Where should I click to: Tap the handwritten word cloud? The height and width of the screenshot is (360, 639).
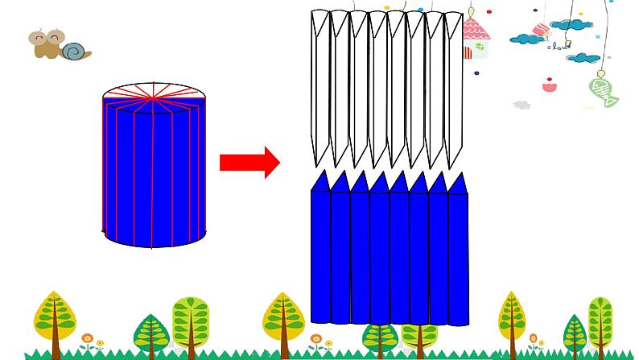pos(557,46)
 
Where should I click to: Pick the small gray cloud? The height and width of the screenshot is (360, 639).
pos(522,105)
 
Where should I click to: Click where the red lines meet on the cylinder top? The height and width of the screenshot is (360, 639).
pos(153,97)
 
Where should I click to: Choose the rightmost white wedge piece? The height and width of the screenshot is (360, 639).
pos(455,85)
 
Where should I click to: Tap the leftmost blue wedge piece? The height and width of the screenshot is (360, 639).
pos(321,250)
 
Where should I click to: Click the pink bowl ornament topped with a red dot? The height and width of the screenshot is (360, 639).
pos(550,85)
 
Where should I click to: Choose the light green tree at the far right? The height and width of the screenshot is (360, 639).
pos(600,320)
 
